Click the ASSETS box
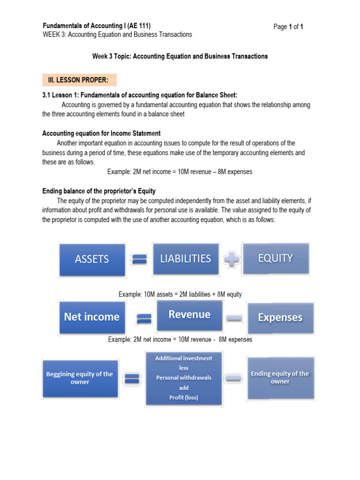92,259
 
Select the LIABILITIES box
186,259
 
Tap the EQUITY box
275,258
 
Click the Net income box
92,317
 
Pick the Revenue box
189,315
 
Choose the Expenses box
280,317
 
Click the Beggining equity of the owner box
80,378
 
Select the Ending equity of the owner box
280,378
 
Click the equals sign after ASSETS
139,260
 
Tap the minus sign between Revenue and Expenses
234,318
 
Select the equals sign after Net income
142,319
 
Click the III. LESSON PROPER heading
79,80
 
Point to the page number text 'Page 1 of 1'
288,27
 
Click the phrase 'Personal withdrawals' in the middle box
184,378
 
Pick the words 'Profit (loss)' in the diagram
184,397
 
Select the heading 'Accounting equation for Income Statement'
102,134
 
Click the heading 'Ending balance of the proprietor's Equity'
99,191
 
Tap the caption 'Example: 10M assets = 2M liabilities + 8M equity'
180,294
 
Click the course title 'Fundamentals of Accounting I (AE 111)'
97,26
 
